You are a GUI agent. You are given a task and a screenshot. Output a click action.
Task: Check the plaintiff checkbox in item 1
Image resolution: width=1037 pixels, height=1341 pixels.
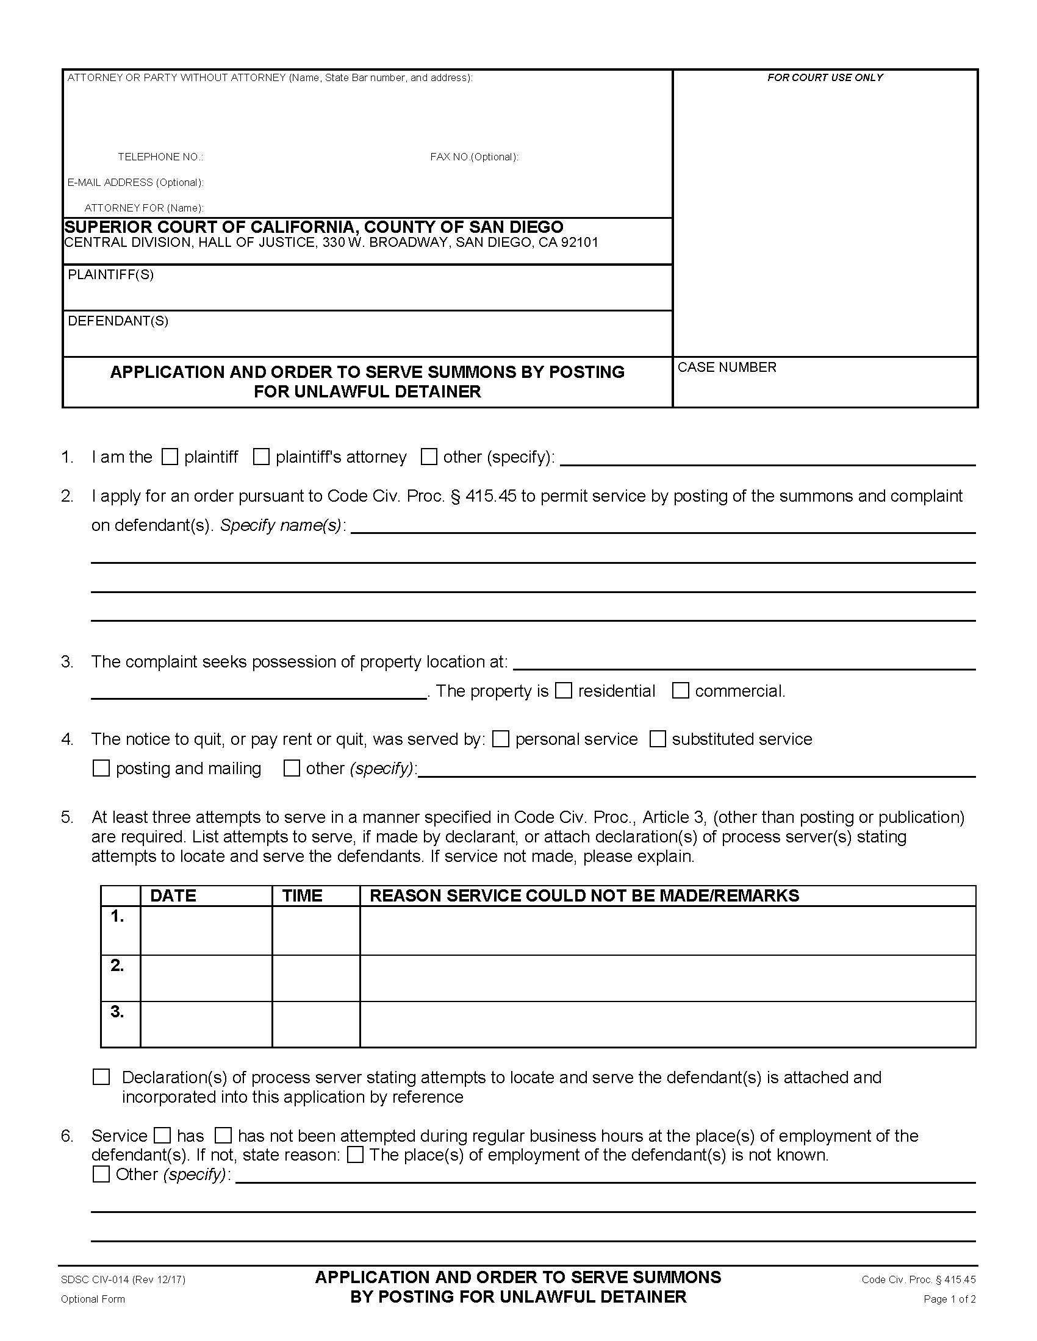(170, 457)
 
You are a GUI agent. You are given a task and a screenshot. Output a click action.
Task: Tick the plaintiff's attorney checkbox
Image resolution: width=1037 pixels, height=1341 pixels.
(261, 457)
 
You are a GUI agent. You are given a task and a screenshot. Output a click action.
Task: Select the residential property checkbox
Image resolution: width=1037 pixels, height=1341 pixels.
(564, 691)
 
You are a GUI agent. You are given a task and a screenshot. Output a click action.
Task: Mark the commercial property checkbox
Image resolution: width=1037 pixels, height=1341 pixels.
(680, 691)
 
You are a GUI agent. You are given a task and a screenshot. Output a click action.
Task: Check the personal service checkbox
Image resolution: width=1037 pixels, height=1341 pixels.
(501, 739)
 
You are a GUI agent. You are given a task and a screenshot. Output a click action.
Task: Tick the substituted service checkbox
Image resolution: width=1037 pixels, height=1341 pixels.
(658, 739)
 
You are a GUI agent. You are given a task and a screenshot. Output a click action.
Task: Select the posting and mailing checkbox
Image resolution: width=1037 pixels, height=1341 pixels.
(101, 768)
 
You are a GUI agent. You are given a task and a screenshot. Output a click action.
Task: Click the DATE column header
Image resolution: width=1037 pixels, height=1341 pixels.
(173, 895)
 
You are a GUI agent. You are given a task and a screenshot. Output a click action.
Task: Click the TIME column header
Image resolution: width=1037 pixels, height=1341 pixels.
(302, 895)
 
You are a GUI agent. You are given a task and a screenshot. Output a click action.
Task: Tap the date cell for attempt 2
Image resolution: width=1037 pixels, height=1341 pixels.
(206, 978)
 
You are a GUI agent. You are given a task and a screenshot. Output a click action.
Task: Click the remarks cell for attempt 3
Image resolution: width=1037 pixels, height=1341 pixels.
(667, 1024)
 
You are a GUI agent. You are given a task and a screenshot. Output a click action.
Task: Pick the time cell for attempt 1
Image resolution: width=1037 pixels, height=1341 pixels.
(316, 930)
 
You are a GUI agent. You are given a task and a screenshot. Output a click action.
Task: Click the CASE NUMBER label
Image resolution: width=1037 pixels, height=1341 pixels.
(727, 367)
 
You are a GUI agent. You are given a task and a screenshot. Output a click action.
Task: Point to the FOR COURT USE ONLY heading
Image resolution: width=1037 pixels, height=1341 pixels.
(825, 77)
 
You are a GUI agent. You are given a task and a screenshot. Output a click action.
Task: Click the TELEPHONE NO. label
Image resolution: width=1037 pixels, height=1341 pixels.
(160, 157)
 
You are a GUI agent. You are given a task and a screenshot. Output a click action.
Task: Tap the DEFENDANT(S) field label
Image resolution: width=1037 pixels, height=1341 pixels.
(118, 321)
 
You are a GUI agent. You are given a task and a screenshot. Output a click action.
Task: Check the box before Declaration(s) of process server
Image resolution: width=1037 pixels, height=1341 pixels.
(101, 1077)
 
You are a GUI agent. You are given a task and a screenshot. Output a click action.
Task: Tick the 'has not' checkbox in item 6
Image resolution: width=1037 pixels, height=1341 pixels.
(223, 1136)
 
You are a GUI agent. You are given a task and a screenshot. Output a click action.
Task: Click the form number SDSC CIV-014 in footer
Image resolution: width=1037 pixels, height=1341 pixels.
(123, 1279)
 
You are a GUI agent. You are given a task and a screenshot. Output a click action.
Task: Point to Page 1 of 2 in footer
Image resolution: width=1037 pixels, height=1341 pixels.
(949, 1298)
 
